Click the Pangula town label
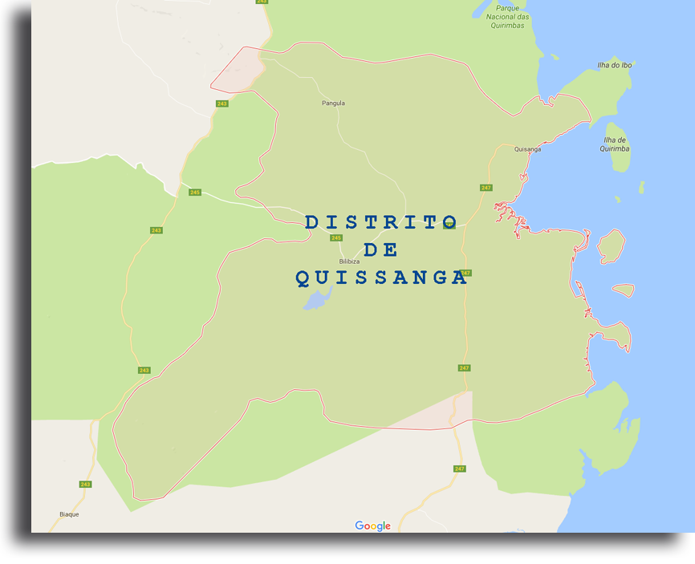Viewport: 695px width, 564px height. (333, 103)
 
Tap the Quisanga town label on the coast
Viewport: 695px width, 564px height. (527, 149)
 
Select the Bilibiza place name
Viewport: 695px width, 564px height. (349, 262)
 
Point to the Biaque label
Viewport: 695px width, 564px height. (69, 514)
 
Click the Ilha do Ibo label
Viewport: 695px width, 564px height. (614, 65)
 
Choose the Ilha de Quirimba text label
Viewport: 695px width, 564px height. (615, 144)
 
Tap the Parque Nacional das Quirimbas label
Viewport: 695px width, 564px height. (507, 18)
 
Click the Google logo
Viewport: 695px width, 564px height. (373, 526)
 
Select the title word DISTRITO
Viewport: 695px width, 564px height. (381, 222)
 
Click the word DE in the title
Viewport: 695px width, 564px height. (381, 250)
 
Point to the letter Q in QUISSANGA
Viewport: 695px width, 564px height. (303, 278)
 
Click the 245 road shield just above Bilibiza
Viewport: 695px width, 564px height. (335, 237)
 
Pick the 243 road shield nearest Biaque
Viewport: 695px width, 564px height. (86, 484)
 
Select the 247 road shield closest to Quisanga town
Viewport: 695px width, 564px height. (486, 188)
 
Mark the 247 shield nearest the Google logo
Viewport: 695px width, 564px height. (459, 469)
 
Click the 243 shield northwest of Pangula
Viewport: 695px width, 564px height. (222, 103)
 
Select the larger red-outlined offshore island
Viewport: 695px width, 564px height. (612, 246)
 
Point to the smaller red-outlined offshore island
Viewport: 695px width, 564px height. (624, 290)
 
